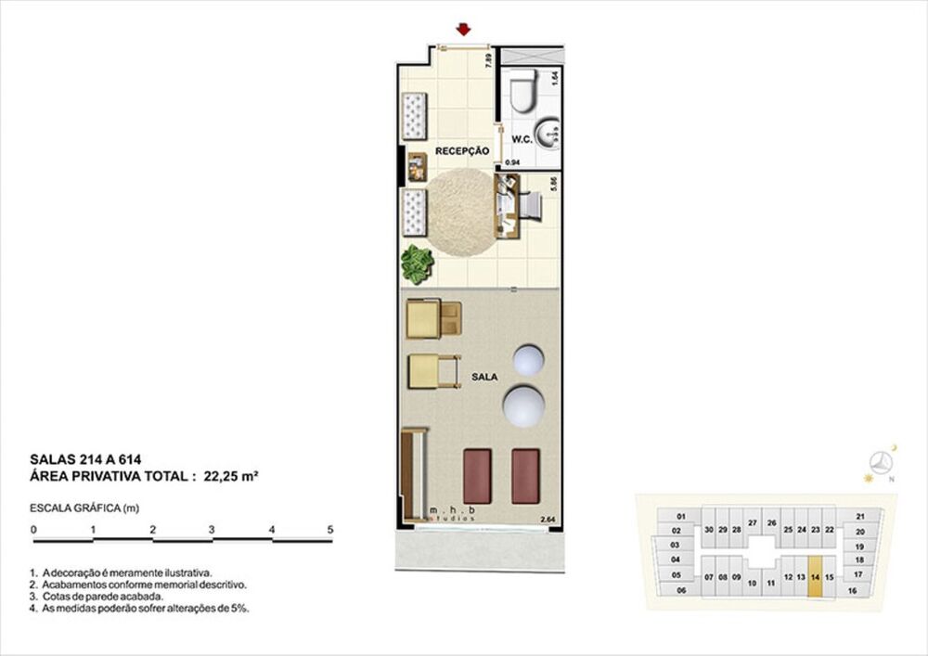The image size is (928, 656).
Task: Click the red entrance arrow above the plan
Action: point(462,30)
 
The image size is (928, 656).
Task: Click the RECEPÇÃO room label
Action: point(462,151)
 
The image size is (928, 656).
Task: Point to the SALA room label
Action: point(484,378)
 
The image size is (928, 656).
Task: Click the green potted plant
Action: point(417,264)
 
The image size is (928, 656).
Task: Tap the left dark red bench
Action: point(476,475)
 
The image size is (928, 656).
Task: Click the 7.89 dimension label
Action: point(487,62)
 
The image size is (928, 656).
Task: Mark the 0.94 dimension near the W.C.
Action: point(512,162)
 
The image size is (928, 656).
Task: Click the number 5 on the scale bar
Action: point(330,529)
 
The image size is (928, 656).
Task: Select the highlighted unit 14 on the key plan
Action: point(815,575)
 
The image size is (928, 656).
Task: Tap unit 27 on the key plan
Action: point(753,523)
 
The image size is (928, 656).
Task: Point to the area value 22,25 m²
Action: point(230,476)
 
